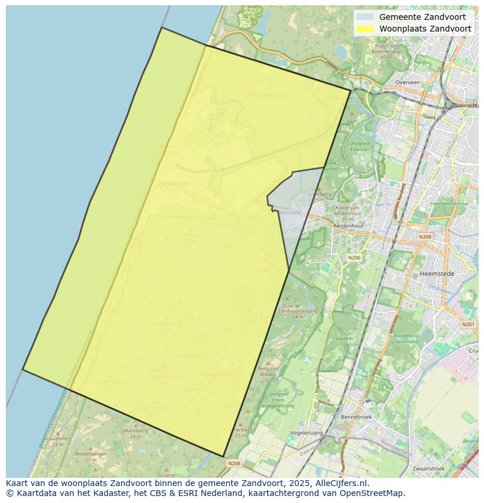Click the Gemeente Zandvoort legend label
tap(422, 17)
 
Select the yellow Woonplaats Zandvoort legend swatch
tap(365, 29)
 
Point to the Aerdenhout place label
tap(348, 226)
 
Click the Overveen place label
tap(407, 82)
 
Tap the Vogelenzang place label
tap(306, 433)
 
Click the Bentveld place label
tap(290, 213)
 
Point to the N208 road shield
tap(425, 237)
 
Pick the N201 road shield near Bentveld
tap(222, 209)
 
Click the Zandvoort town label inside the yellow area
tap(173, 183)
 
